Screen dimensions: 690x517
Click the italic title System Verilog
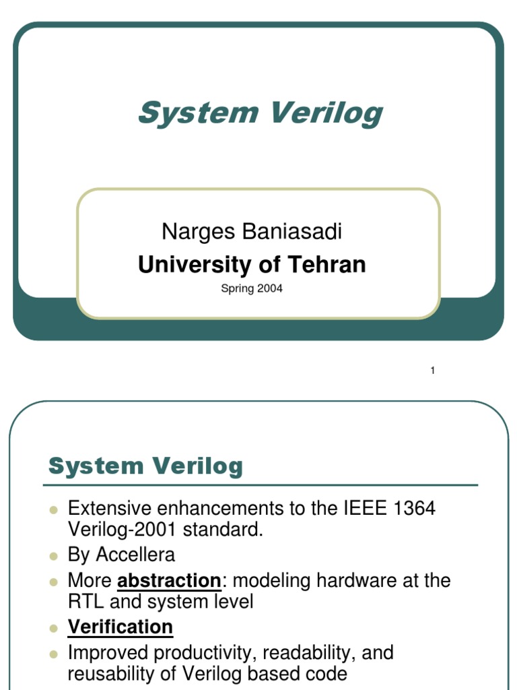tap(260, 113)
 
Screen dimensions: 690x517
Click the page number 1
tap(433, 371)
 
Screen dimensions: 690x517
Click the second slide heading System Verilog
tap(146, 466)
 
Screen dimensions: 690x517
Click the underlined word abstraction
tap(169, 580)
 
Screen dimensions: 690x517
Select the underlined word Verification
tap(120, 627)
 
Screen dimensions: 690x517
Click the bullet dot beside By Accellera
tap(55, 556)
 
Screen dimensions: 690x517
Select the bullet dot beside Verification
tap(55, 628)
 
